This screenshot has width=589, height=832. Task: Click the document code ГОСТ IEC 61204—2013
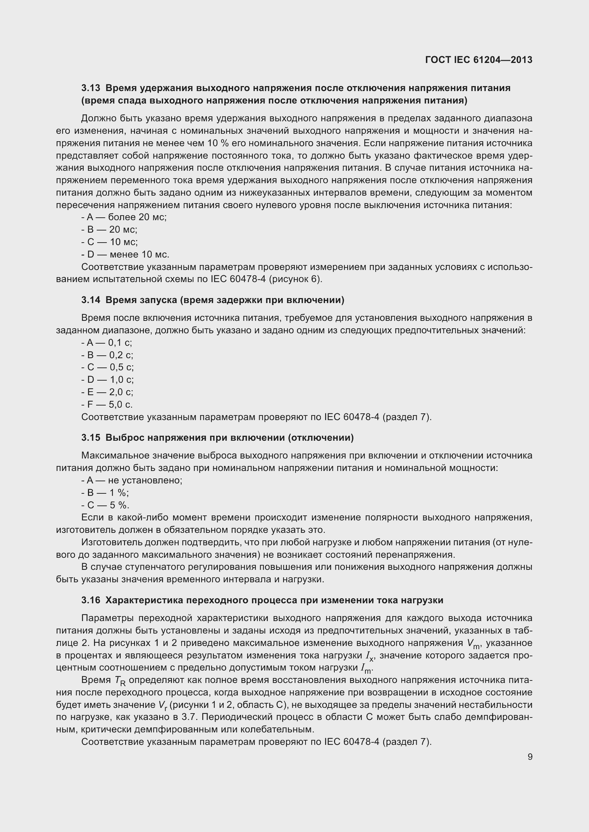(478, 60)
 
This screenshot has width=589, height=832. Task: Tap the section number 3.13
(91, 88)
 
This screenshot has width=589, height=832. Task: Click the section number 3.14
(91, 300)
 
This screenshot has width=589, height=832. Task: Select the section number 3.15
(91, 438)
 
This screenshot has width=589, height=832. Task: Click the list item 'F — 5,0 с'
(107, 404)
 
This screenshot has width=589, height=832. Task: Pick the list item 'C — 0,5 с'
(108, 367)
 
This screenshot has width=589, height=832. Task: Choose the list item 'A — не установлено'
(132, 481)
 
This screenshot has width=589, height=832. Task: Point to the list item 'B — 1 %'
(105, 493)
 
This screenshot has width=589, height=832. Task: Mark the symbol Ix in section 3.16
(370, 656)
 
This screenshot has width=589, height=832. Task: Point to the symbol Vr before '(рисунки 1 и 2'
(162, 705)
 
